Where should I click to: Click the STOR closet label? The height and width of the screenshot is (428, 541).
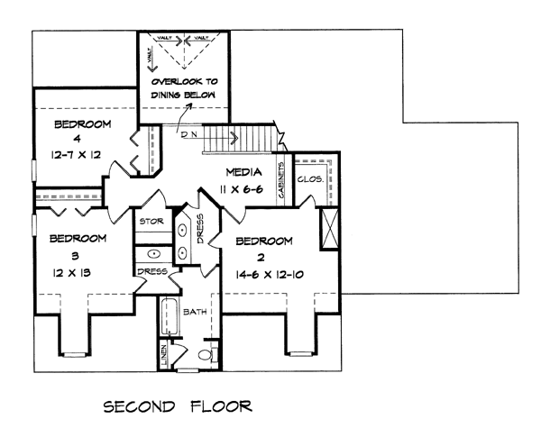coord(149,220)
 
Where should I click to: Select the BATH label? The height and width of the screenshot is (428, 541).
coord(196,312)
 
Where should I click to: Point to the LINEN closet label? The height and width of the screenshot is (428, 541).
coord(163,355)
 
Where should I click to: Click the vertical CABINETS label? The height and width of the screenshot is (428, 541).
coord(283,181)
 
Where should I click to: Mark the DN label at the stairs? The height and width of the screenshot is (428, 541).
coord(189,135)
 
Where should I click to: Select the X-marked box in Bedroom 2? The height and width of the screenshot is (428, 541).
coord(329,229)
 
